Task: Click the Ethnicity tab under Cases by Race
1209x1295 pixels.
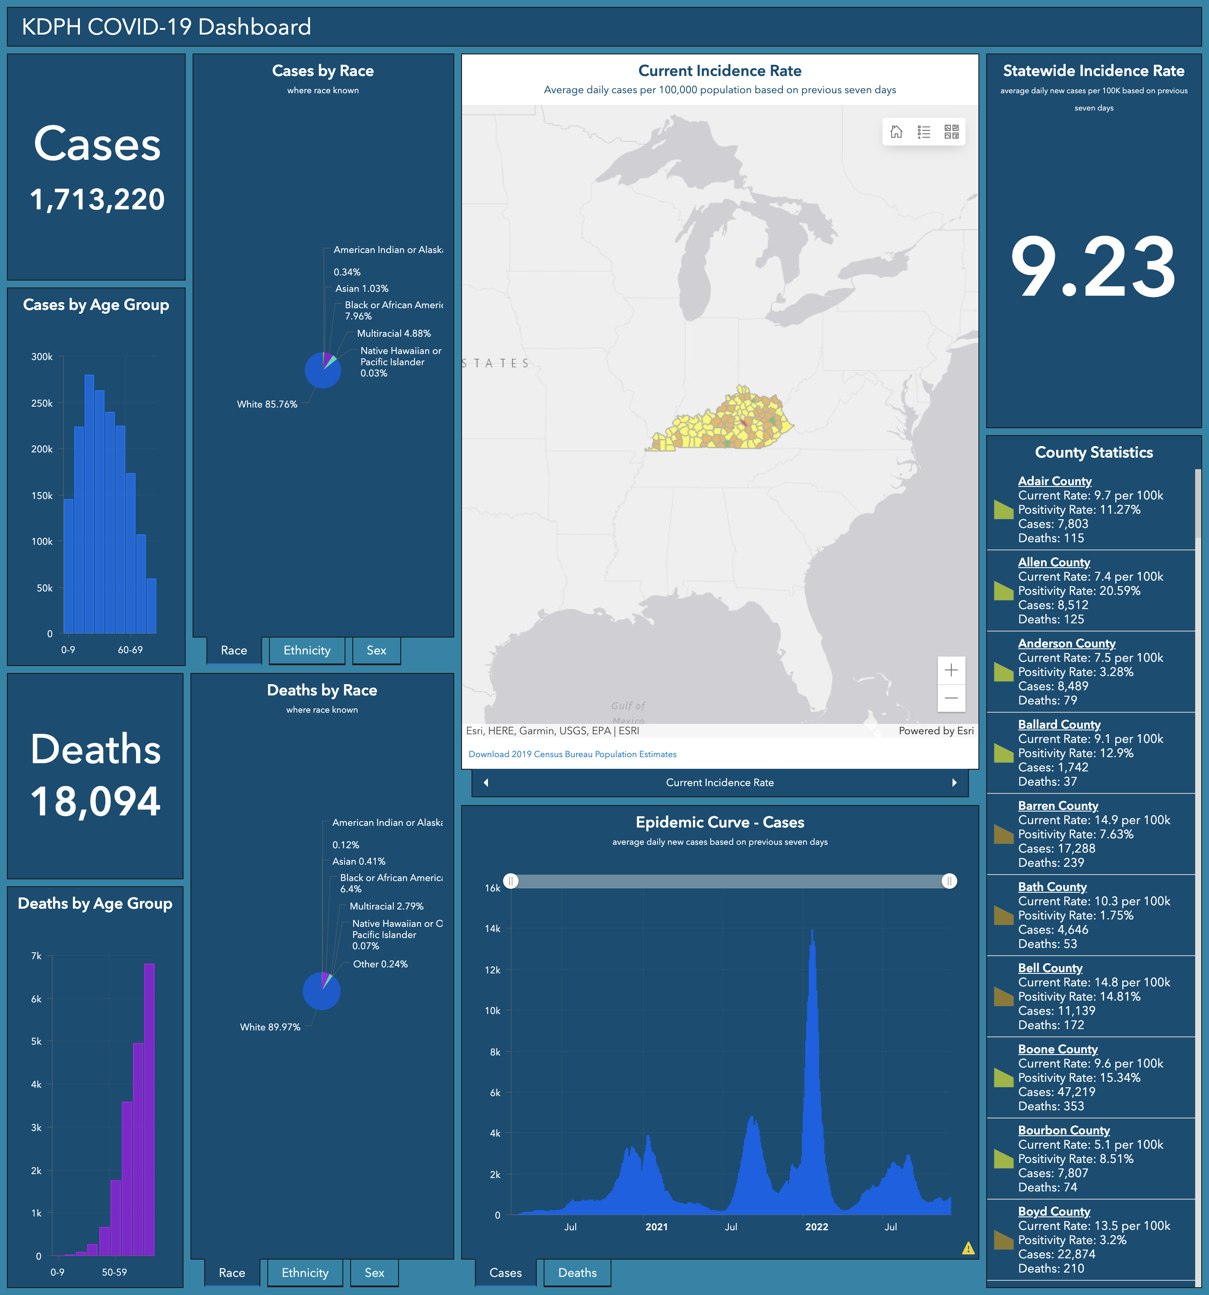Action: (306, 650)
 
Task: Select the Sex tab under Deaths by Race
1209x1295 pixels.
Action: (374, 1272)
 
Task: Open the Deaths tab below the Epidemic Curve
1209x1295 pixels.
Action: (577, 1272)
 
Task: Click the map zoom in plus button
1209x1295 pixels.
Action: (951, 670)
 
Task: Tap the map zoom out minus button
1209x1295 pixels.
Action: (951, 698)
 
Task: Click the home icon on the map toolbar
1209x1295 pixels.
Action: (896, 132)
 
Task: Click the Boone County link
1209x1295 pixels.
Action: (1058, 1049)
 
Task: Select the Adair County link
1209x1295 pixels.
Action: (1054, 481)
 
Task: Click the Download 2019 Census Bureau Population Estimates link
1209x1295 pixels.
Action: (572, 754)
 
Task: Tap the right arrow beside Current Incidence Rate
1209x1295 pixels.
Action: (954, 782)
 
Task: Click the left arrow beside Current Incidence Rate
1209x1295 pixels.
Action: (486, 782)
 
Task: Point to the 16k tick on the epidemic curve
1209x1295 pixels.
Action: (493, 888)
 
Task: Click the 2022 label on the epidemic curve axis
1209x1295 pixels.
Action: (816, 1227)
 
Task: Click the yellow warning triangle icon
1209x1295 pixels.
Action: (968, 1248)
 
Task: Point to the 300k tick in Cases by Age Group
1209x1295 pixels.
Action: (42, 357)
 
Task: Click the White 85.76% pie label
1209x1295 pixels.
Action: (266, 404)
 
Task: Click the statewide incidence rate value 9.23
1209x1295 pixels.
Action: (1093, 268)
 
